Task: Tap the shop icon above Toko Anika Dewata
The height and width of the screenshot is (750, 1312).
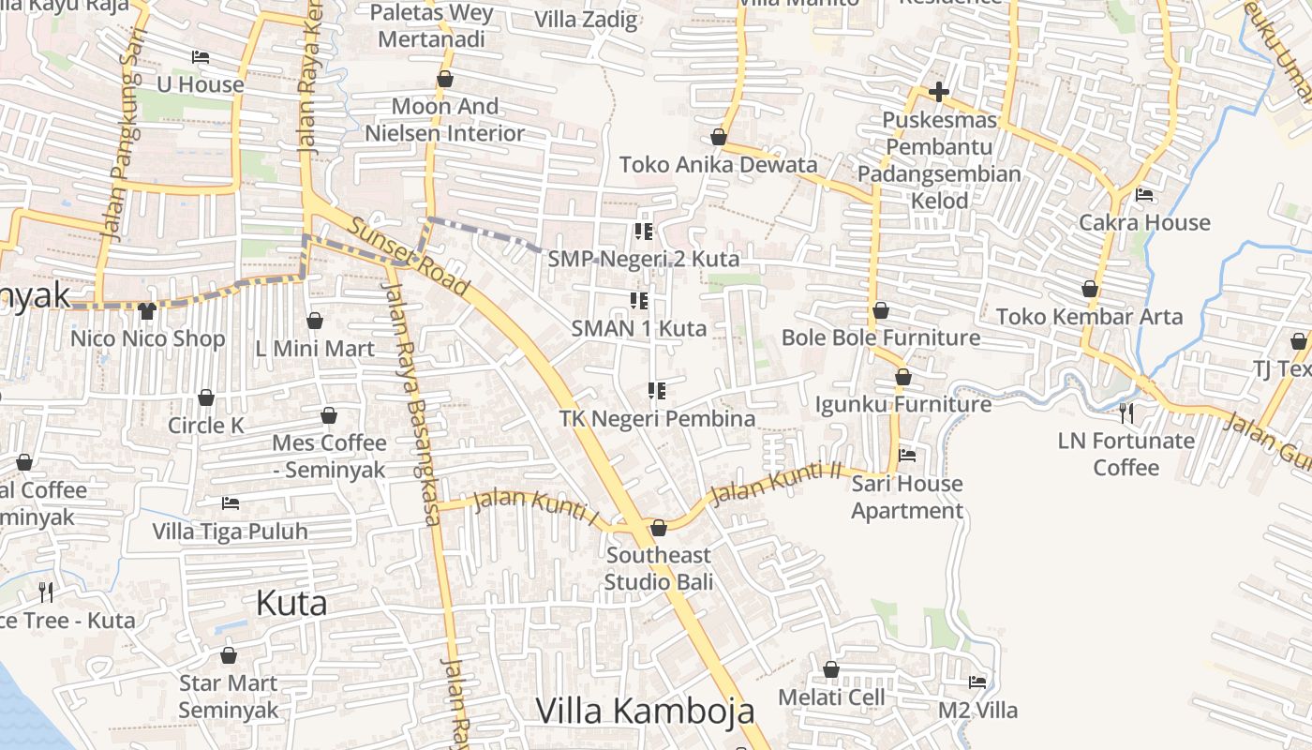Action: [719, 137]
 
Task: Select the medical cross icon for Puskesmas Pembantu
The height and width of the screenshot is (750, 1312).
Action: [938, 92]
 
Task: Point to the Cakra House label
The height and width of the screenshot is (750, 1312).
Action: [1144, 223]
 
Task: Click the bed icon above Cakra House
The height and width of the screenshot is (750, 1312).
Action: [1144, 195]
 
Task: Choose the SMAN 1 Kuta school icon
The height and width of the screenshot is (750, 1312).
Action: [639, 301]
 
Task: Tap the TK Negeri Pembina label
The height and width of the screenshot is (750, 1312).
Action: [657, 419]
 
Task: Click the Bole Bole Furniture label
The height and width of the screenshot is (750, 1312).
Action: [880, 337]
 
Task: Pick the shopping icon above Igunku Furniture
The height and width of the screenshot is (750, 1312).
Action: [902, 377]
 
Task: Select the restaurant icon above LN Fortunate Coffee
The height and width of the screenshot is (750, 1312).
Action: [1126, 412]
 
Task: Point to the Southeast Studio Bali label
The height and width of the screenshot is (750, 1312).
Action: [658, 568]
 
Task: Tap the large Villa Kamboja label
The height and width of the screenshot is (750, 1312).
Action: [645, 711]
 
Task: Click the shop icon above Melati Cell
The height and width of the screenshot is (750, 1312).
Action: [831, 669]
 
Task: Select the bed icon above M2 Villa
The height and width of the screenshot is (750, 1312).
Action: [977, 682]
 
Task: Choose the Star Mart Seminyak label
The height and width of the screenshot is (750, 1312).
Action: [229, 697]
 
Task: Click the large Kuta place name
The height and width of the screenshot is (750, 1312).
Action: [291, 604]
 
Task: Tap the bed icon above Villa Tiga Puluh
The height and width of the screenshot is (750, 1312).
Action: [231, 503]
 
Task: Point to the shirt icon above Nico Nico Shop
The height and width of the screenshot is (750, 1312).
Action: [147, 310]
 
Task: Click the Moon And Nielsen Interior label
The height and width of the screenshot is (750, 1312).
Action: [444, 120]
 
